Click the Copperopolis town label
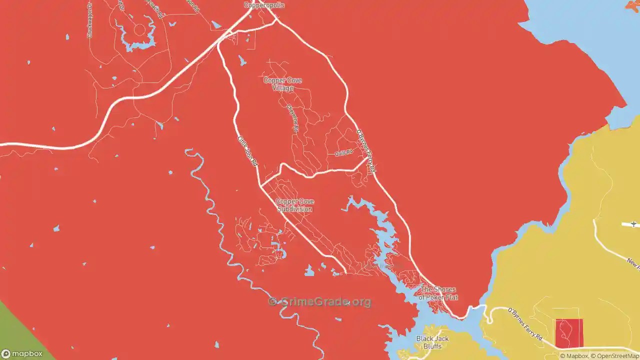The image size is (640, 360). coord(264,5)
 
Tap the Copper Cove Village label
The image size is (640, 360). coord(282,84)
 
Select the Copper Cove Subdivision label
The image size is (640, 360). coord(295,205)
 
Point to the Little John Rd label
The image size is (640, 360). coord(246,151)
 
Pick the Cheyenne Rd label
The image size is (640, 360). coord(292,118)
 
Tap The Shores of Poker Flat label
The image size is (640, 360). coord(438,293)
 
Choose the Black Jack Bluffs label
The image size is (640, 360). coord(432,342)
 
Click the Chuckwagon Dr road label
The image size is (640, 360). coord(90,20)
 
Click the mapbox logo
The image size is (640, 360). coord(22,353)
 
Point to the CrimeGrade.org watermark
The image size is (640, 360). coord(320,301)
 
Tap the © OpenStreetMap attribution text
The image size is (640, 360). coord(615,356)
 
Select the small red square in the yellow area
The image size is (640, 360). coord(569,333)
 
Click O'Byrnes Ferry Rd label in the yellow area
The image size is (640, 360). coord(525,324)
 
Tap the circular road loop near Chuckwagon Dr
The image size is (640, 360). coord(139,30)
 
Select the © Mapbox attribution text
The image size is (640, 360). coord(574,356)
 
